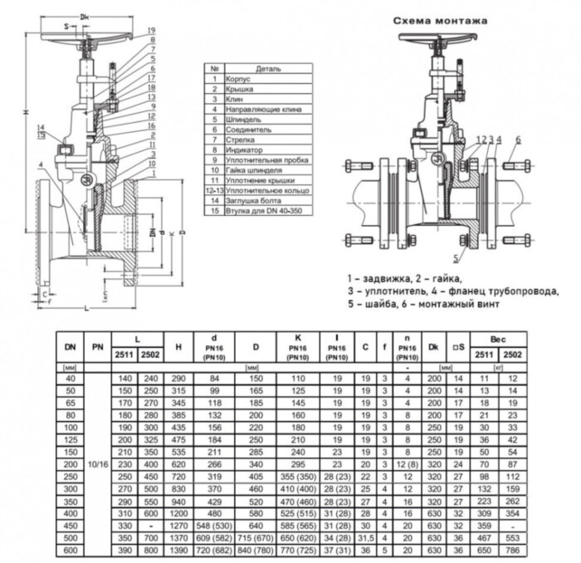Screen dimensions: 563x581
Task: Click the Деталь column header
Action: click(268, 68)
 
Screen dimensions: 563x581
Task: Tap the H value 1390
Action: click(178, 550)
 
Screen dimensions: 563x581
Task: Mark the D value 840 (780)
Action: click(255, 550)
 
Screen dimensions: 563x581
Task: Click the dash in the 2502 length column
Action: click(150, 526)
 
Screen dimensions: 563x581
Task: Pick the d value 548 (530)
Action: click(214, 526)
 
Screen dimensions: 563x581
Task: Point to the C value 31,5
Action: click(365, 538)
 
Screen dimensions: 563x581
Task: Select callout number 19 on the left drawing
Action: click(151, 30)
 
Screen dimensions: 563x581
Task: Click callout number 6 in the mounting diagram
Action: click(517, 138)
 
